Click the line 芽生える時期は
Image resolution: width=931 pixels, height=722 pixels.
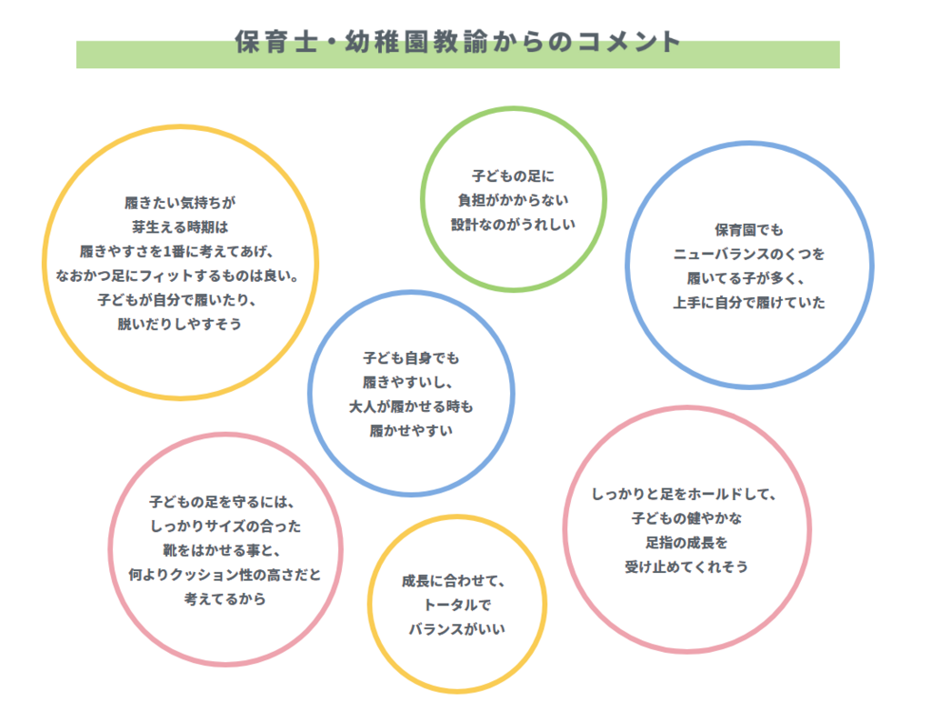tap(180, 227)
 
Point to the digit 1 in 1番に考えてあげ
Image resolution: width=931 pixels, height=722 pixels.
tap(167, 252)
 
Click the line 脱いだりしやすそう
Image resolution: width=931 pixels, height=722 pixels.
tap(180, 325)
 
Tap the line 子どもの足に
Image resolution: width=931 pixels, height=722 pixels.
tap(513, 176)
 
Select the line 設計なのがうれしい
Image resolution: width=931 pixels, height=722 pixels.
tap(513, 225)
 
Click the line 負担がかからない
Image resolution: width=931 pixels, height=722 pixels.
tap(513, 201)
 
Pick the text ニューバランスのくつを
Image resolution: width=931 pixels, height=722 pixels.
tap(749, 254)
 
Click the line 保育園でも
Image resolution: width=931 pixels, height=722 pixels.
tap(749, 230)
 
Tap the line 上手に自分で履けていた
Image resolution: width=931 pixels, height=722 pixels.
tap(749, 303)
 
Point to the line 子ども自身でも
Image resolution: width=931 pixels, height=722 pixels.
tap(411, 358)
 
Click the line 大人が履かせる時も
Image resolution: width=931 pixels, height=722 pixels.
tap(411, 406)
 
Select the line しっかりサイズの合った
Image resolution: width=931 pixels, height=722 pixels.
tap(225, 526)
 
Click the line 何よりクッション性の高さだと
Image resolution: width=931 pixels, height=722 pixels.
tap(225, 575)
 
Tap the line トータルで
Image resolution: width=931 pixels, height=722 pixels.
tap(456, 605)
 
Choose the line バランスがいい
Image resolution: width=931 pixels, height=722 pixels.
tap(456, 629)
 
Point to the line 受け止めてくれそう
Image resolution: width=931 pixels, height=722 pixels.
tap(686, 567)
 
